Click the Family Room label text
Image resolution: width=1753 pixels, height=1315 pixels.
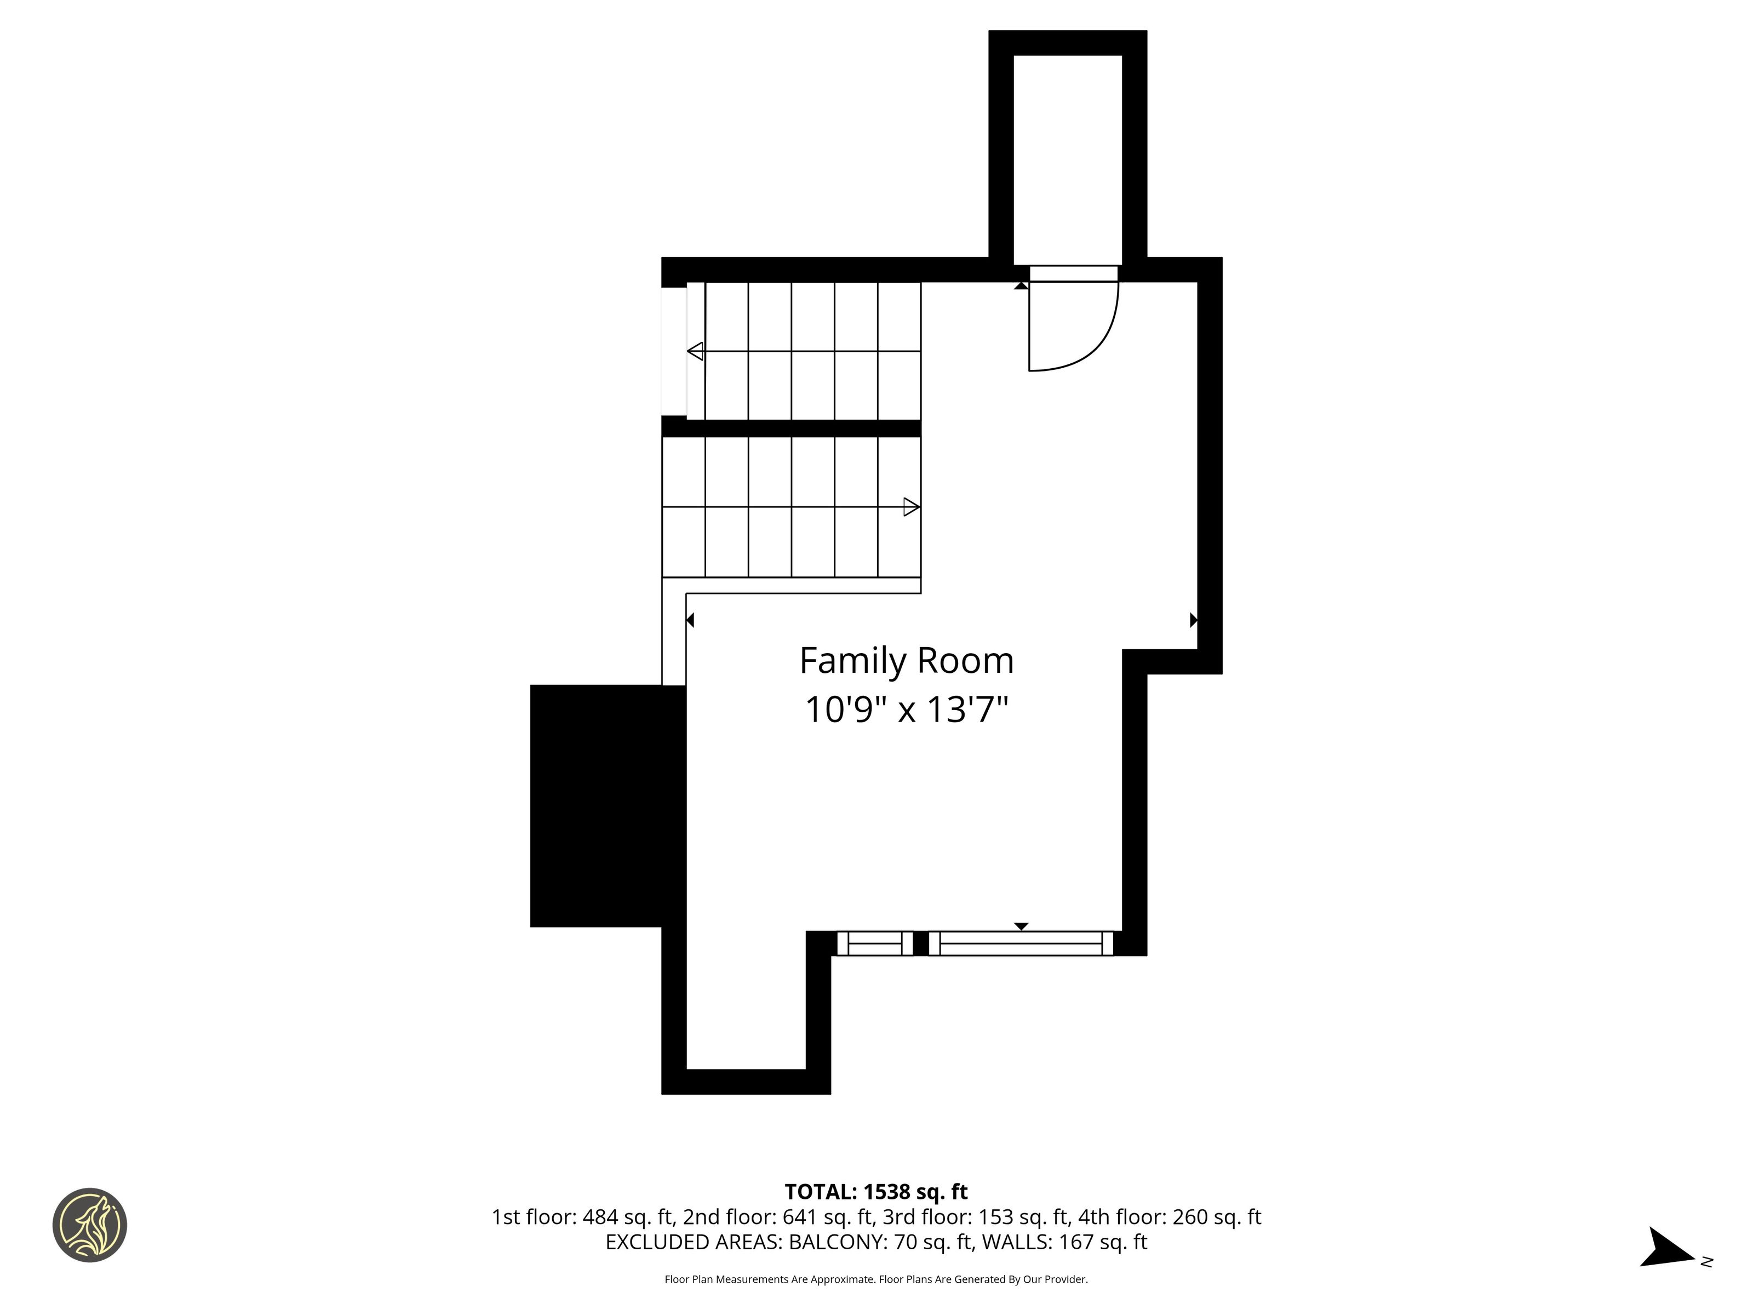point(907,661)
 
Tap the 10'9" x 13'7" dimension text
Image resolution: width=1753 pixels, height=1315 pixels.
point(907,708)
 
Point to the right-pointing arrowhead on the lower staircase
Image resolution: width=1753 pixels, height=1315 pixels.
point(912,506)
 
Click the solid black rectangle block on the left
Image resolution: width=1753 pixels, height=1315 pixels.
point(608,805)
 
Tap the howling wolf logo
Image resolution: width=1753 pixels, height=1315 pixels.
point(89,1225)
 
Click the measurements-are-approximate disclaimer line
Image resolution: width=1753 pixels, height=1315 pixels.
point(876,1279)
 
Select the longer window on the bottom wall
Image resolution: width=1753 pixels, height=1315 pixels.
point(1021,944)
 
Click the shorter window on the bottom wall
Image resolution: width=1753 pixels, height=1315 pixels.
point(875,944)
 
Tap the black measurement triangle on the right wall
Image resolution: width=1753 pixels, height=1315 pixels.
point(1194,620)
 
